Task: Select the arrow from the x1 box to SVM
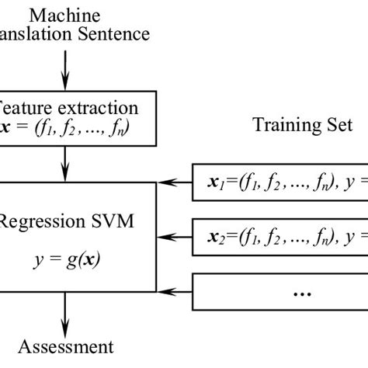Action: click(175, 182)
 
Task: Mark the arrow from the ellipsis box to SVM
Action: click(175, 292)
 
